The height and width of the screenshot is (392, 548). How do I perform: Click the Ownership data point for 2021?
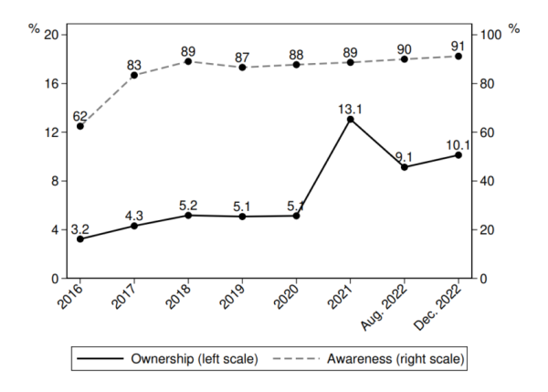coord(351,119)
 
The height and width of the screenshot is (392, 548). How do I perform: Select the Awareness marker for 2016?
coord(80,126)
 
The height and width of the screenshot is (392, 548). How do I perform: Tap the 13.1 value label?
coord(351,107)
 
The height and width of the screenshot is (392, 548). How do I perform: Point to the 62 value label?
coord(80,114)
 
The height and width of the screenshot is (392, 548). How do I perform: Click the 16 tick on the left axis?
coord(51,83)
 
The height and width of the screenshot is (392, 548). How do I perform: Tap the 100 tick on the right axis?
coord(491,35)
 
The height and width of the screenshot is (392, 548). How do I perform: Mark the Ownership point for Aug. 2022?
coord(405,167)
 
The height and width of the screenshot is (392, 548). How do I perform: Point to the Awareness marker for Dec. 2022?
coord(458,57)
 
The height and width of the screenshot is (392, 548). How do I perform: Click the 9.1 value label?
coord(405,155)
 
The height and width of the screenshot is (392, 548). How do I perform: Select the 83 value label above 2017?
coord(134,63)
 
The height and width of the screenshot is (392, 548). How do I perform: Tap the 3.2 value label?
coord(80,228)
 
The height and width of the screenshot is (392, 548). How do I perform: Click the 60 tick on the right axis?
coord(488,132)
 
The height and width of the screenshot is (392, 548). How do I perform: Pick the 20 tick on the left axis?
coord(51,35)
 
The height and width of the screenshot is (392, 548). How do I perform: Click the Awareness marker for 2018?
coord(188,61)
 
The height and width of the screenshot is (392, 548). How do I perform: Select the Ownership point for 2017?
coord(134,226)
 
